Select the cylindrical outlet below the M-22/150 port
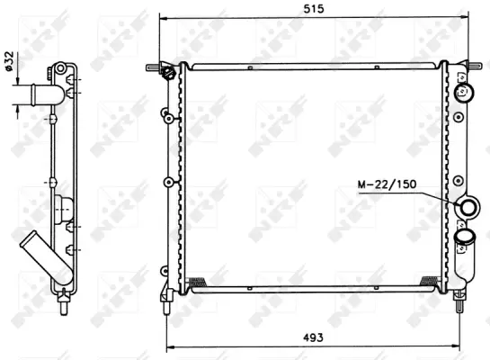click(x=465, y=238)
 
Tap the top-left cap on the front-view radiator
click(x=167, y=71)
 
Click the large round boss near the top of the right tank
click(x=466, y=92)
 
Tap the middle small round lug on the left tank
click(x=167, y=183)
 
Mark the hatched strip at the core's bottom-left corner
click(x=198, y=283)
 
